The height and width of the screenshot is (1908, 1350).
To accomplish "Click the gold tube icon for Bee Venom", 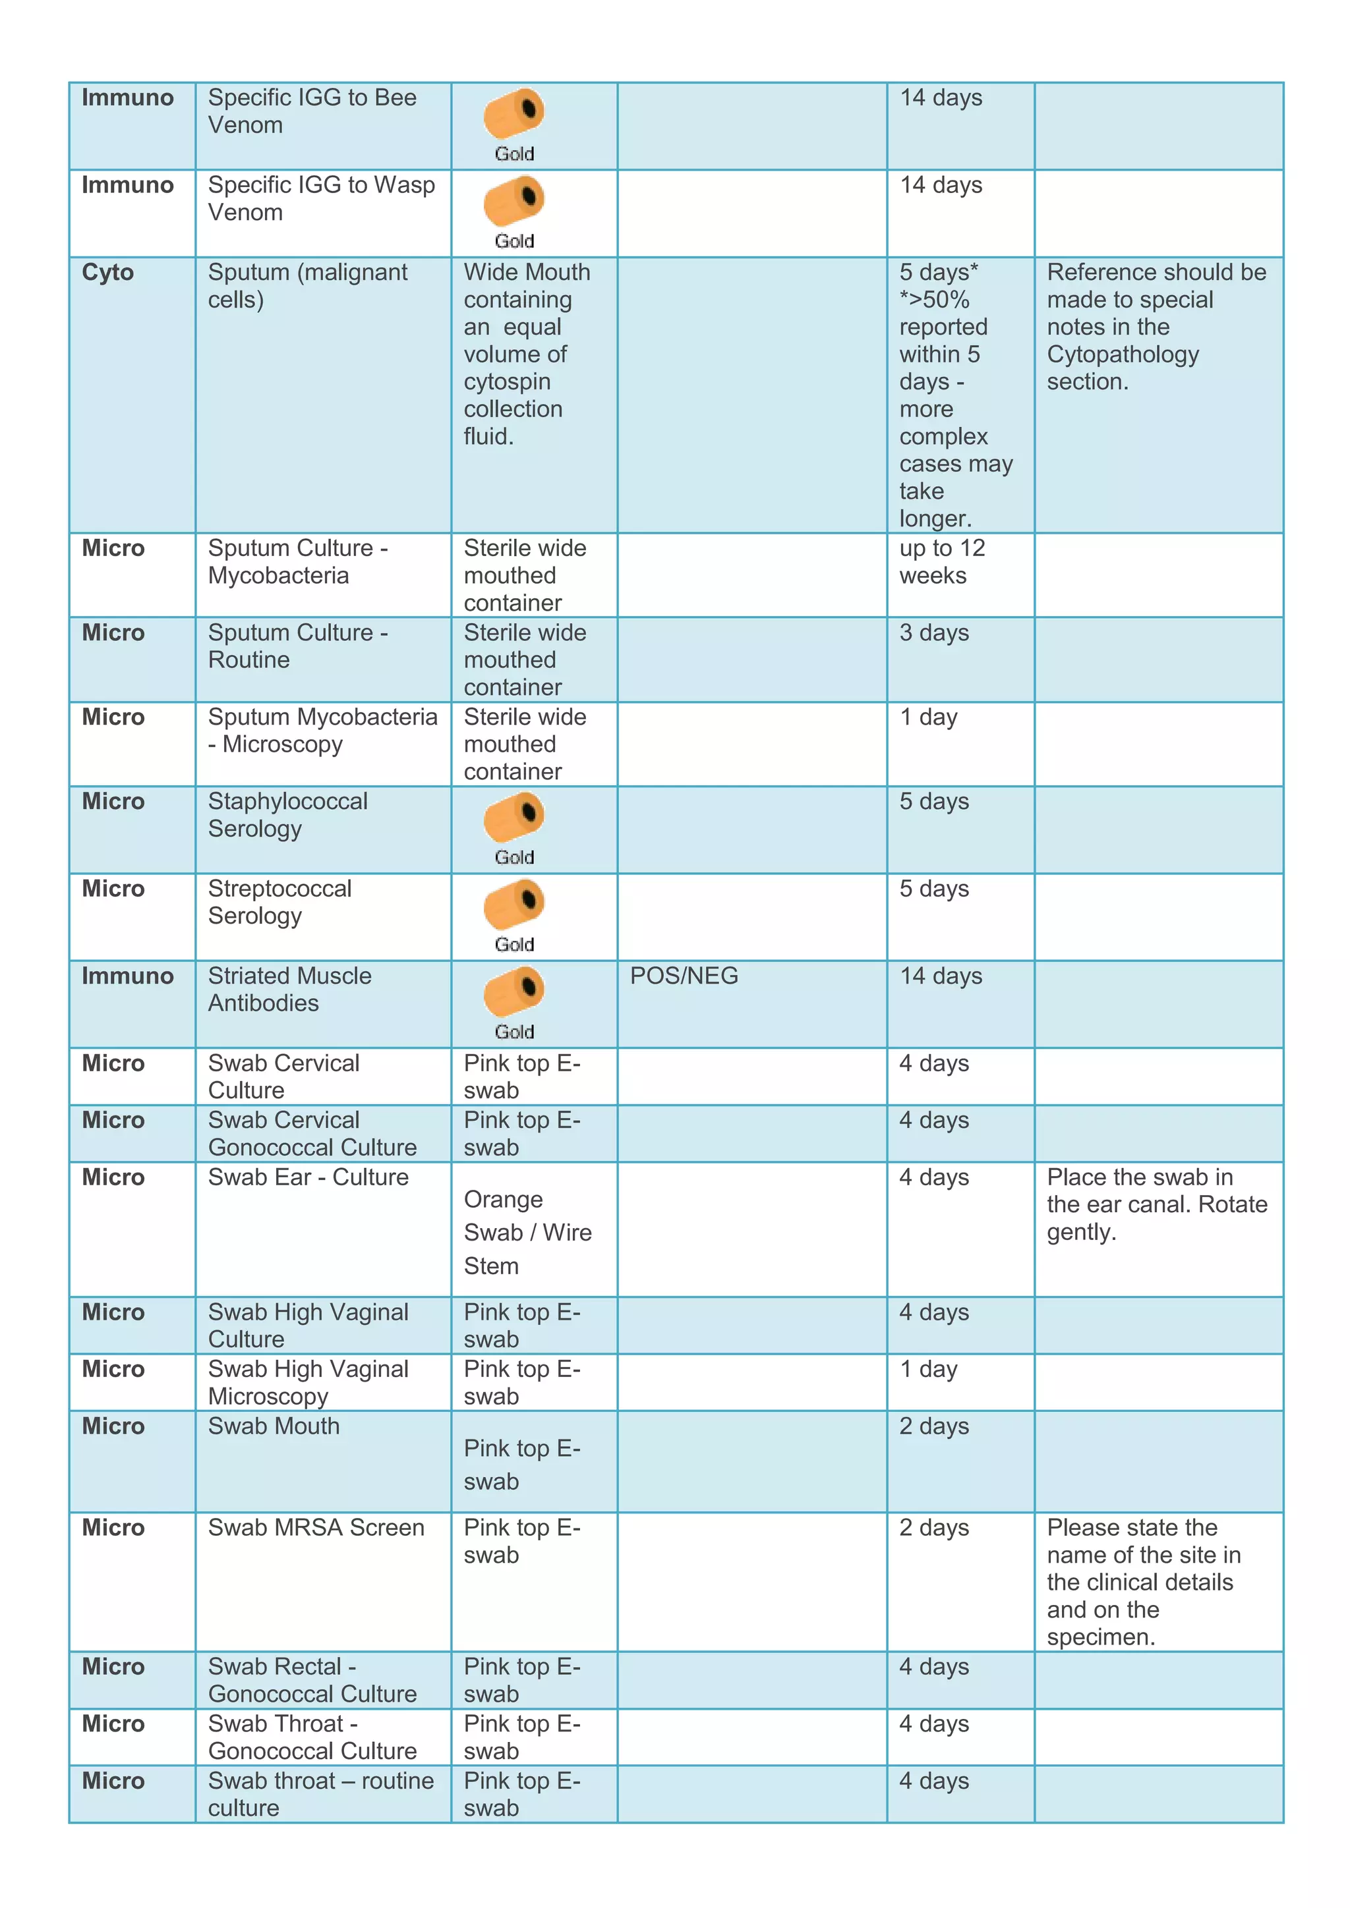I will click(514, 113).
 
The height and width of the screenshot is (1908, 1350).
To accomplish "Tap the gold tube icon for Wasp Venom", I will click(514, 200).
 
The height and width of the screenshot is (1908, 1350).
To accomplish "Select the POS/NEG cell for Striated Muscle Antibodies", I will click(684, 976).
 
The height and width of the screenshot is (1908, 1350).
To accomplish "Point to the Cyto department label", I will click(107, 273).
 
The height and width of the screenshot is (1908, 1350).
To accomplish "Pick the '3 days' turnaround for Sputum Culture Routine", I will click(933, 633).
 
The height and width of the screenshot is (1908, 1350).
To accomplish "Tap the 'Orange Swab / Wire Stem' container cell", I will click(527, 1233).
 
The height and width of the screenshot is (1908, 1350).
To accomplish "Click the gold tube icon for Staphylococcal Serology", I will click(514, 817).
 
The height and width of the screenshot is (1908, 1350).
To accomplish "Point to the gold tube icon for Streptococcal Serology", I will click(514, 904).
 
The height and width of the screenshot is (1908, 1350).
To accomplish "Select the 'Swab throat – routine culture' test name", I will click(320, 1794).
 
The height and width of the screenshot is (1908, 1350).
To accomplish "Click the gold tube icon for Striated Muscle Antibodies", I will click(514, 992).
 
